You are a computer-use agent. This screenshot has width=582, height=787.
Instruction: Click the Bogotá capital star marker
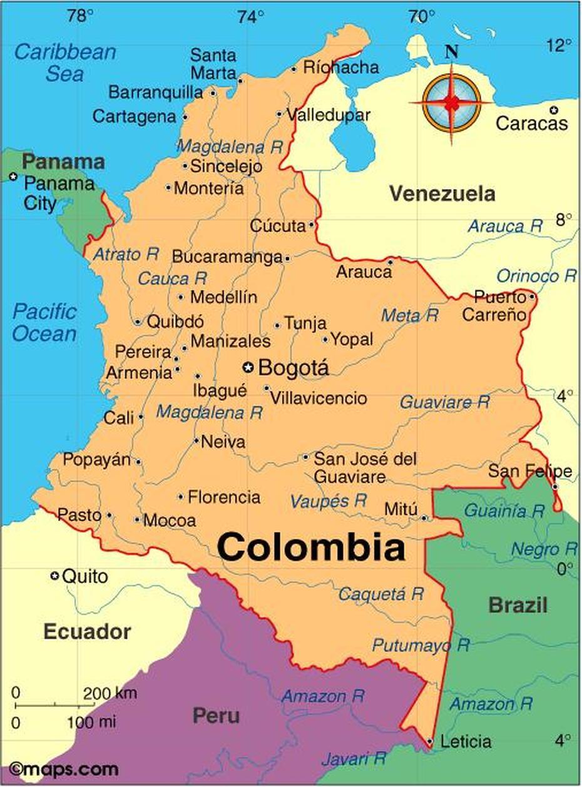pyautogui.click(x=249, y=367)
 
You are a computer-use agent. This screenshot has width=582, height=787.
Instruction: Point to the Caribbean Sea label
pyautogui.click(x=64, y=62)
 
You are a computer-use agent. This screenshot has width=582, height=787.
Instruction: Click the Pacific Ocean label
pyautogui.click(x=44, y=322)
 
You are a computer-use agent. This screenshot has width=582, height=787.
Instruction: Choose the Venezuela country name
pyautogui.click(x=442, y=194)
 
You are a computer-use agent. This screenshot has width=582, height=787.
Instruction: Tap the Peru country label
pyautogui.click(x=215, y=715)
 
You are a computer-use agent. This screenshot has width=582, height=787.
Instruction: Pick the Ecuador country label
pyautogui.click(x=87, y=632)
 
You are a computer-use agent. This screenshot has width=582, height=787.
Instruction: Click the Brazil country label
pyautogui.click(x=518, y=605)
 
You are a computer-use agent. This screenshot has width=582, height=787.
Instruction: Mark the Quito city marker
pyautogui.click(x=55, y=576)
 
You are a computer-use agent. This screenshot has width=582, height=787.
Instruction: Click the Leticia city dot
pyautogui.click(x=430, y=741)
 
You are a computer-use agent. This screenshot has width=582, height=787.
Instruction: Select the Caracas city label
pyautogui.click(x=531, y=123)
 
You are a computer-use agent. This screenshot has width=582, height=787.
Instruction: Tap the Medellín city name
pyautogui.click(x=223, y=297)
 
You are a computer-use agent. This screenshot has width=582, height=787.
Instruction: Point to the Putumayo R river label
pyautogui.click(x=421, y=644)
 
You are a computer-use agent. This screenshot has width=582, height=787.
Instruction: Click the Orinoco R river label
pyautogui.click(x=536, y=276)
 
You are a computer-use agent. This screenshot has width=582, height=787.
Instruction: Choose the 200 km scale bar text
pyautogui.click(x=109, y=693)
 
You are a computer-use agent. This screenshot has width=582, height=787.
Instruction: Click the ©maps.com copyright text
pyautogui.click(x=64, y=769)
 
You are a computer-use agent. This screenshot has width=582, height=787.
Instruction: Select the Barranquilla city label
pyautogui.click(x=156, y=93)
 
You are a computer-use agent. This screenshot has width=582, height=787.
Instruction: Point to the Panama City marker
pyautogui.click(x=13, y=177)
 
